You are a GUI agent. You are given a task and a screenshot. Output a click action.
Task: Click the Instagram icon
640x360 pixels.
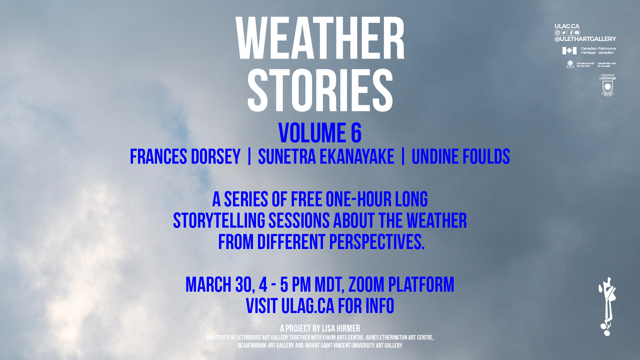(557, 33)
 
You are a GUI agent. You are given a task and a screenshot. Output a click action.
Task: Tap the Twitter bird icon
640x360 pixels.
(564, 33)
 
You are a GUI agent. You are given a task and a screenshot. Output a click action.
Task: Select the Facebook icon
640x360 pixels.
(570, 33)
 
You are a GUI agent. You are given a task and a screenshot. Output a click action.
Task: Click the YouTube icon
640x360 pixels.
(577, 33)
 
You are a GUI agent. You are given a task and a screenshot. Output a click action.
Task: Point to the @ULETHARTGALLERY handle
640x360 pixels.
(585, 39)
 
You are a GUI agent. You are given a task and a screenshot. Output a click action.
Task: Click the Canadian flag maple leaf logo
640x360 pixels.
(569, 51)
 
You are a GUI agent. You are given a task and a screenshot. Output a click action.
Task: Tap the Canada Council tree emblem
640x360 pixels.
(570, 64)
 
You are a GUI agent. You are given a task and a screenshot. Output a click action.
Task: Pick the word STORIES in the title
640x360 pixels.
(320, 90)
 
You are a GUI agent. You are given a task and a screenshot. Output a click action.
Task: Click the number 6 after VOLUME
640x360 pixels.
(356, 133)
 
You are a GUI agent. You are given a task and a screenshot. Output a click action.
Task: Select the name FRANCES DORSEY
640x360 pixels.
(185, 157)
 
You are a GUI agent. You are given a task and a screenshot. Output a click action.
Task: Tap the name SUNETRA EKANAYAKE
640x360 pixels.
(326, 157)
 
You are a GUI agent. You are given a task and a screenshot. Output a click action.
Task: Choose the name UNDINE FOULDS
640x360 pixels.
(461, 157)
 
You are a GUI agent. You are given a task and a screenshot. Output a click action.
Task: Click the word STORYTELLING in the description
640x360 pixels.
(219, 221)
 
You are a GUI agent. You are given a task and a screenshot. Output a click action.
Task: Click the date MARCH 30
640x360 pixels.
(218, 285)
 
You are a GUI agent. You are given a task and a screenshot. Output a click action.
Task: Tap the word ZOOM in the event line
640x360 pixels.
(366, 285)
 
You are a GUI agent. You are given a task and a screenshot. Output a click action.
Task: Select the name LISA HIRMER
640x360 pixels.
(341, 329)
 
